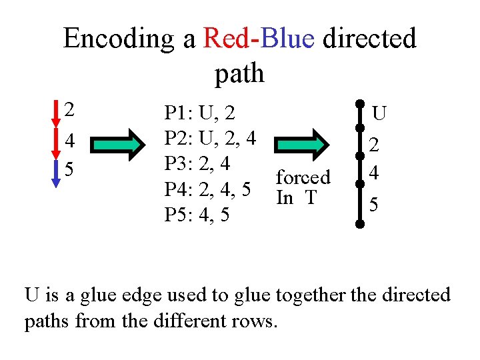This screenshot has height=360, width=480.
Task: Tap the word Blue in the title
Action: pos(287,39)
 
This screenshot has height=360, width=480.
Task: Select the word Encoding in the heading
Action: pos(121,39)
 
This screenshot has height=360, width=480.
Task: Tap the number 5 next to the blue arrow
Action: pos(70,169)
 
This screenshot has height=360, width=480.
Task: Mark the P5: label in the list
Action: pos(179,216)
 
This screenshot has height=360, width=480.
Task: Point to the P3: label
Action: pos(179,164)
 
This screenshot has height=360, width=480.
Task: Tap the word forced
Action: pos(303,177)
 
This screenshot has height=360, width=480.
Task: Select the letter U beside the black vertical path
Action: pos(379,114)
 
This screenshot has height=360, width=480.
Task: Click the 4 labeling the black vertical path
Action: pos(375,173)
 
